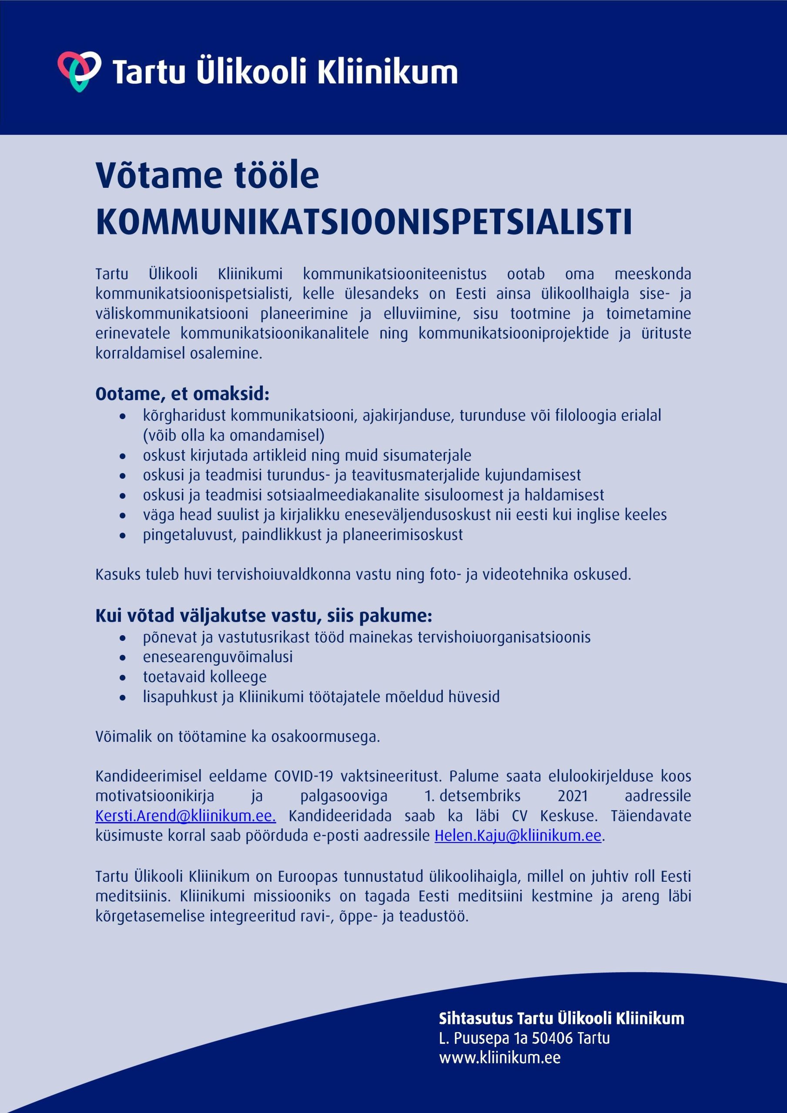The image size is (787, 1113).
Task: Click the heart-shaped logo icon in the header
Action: [79, 71]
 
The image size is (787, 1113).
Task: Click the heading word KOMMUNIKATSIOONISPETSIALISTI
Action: [364, 223]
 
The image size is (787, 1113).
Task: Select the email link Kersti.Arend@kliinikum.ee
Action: [185, 816]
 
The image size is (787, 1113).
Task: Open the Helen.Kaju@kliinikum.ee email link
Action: [517, 836]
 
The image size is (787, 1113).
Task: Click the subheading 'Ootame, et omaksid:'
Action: [182, 394]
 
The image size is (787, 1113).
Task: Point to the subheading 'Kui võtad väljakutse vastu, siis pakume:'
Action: [264, 616]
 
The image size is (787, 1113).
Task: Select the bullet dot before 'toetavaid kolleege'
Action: [124, 678]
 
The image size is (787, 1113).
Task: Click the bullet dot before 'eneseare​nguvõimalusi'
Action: [124, 658]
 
